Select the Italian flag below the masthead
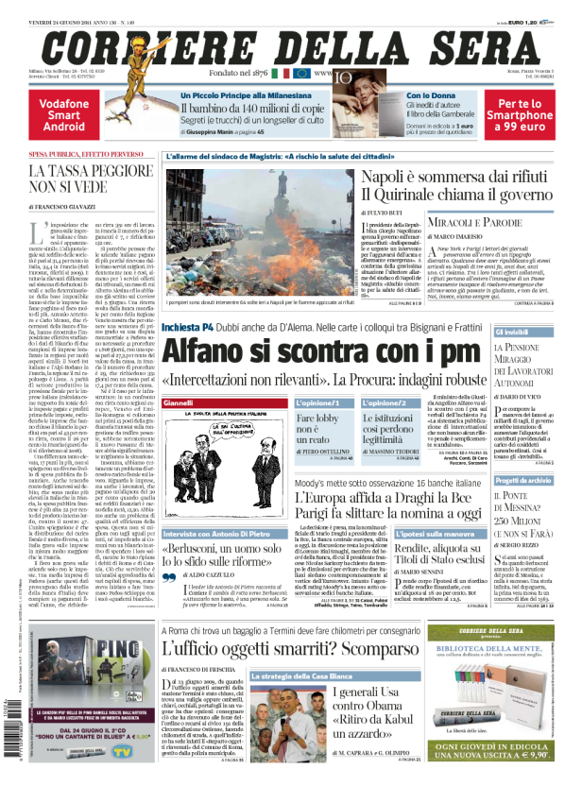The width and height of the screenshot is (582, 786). [281, 73]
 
